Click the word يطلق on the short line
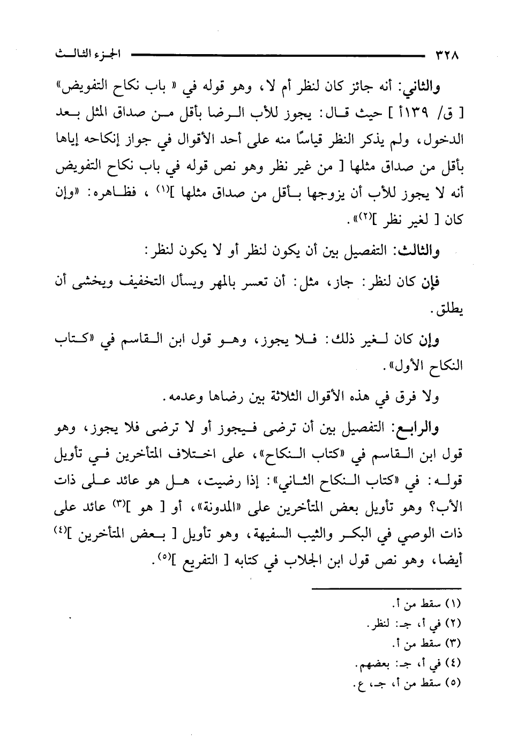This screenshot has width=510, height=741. point(449,311)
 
